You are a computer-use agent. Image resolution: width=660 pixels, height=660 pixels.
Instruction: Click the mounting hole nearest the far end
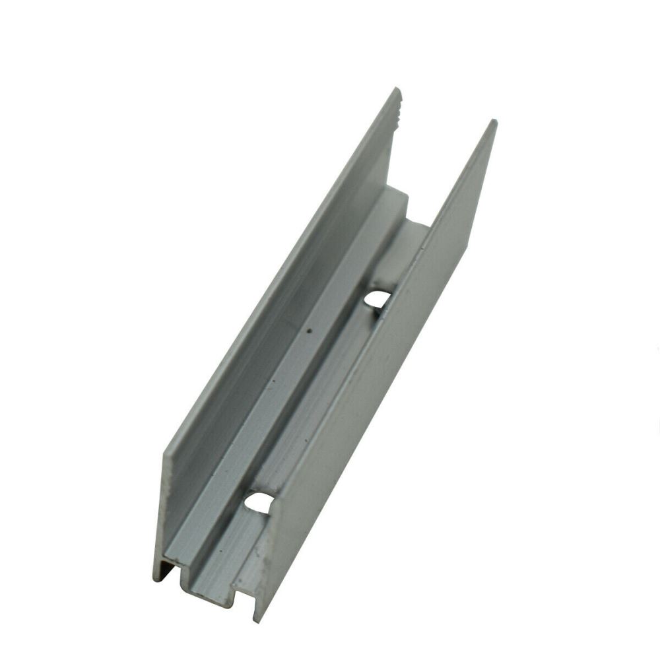[x=377, y=300]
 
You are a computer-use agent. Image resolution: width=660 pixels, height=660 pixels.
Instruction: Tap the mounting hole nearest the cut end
[x=259, y=503]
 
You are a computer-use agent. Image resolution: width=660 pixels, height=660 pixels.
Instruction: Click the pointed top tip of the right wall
[x=494, y=122]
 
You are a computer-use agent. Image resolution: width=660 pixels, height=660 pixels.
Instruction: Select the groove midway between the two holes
[x=317, y=403]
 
